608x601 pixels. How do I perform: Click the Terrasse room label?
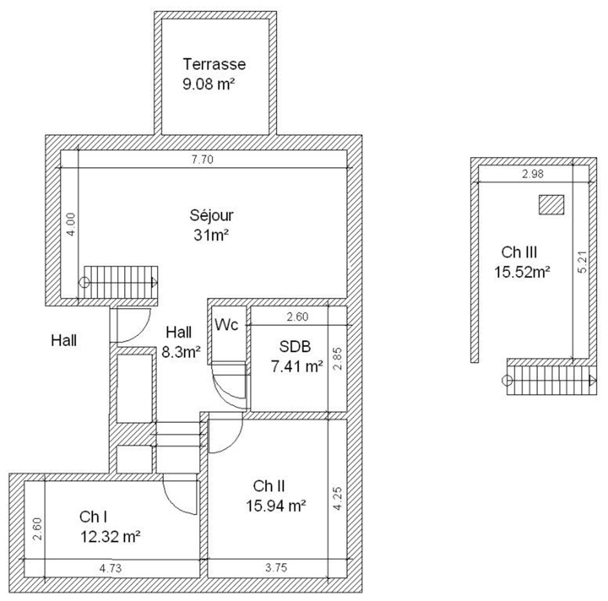(214, 64)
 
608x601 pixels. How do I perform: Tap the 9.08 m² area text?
(209, 84)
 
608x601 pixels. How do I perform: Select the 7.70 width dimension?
(203, 159)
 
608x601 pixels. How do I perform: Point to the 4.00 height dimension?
(71, 224)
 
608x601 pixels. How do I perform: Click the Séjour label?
(211, 215)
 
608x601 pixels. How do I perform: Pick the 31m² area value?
(211, 235)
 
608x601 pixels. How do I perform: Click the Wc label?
(227, 325)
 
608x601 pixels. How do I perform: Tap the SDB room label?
(295, 346)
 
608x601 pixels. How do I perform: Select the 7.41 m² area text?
(297, 366)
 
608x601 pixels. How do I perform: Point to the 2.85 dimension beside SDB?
(337, 359)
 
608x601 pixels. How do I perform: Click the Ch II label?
(269, 486)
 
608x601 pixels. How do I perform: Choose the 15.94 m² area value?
(276, 506)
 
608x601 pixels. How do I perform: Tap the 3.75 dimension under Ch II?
(276, 568)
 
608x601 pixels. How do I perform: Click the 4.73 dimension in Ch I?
(110, 568)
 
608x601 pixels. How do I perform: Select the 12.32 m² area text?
(110, 537)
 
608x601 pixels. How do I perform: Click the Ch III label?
(519, 253)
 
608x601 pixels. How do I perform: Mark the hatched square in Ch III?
(551, 205)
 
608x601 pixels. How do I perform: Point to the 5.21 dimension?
(583, 262)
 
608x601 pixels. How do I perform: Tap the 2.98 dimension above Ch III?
(532, 174)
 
